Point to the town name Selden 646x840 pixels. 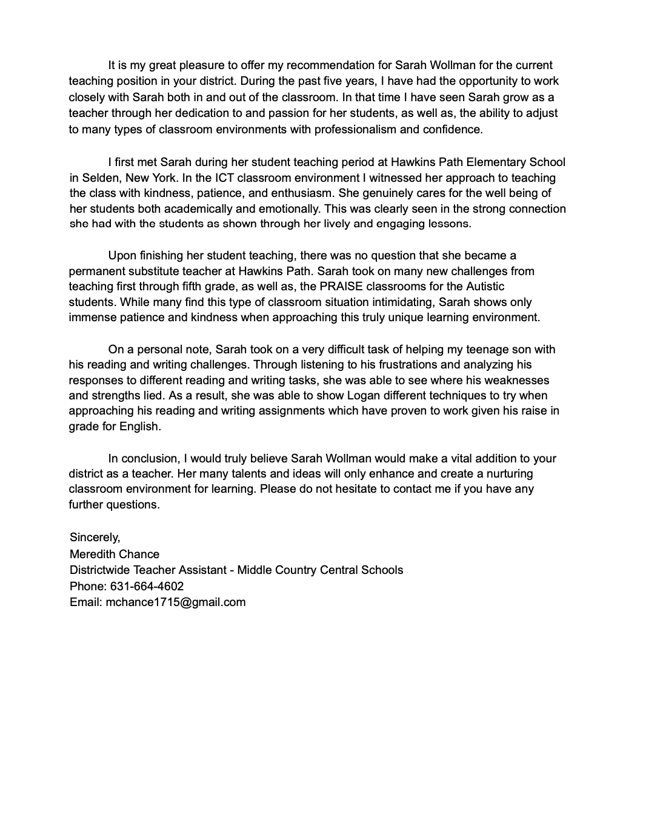click(98, 178)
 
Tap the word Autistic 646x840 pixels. click(485, 286)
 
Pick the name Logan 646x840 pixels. click(363, 396)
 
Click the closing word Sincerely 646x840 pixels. click(95, 538)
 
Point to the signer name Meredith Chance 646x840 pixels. click(115, 554)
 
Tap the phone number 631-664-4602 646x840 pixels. click(147, 586)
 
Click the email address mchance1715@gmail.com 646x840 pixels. click(175, 602)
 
